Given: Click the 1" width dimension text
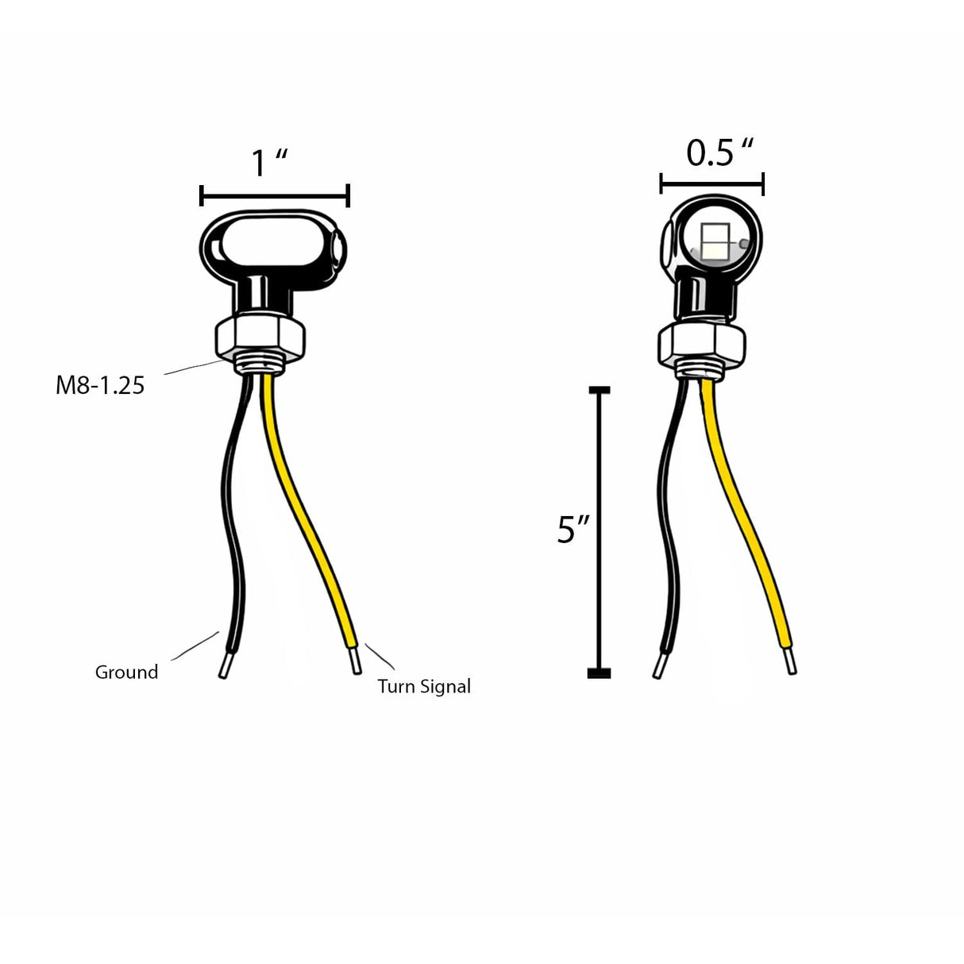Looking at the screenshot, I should click(x=268, y=163).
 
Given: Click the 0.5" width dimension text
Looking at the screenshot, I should click(x=719, y=152).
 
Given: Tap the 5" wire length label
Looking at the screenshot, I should click(x=573, y=530).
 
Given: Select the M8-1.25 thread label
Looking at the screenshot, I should click(x=100, y=385).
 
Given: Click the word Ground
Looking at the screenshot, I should click(x=126, y=672).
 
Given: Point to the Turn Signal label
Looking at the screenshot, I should click(x=424, y=686).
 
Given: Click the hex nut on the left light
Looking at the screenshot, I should click(x=259, y=338).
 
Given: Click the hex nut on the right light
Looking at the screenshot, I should click(x=702, y=344).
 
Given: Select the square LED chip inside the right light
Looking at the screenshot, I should click(x=715, y=240).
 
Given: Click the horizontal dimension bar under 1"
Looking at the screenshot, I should click(x=275, y=195).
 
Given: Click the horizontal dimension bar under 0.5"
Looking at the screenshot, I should click(x=711, y=185).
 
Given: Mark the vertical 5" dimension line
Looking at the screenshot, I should click(x=599, y=532).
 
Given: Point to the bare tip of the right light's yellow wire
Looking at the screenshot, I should click(x=790, y=661).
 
